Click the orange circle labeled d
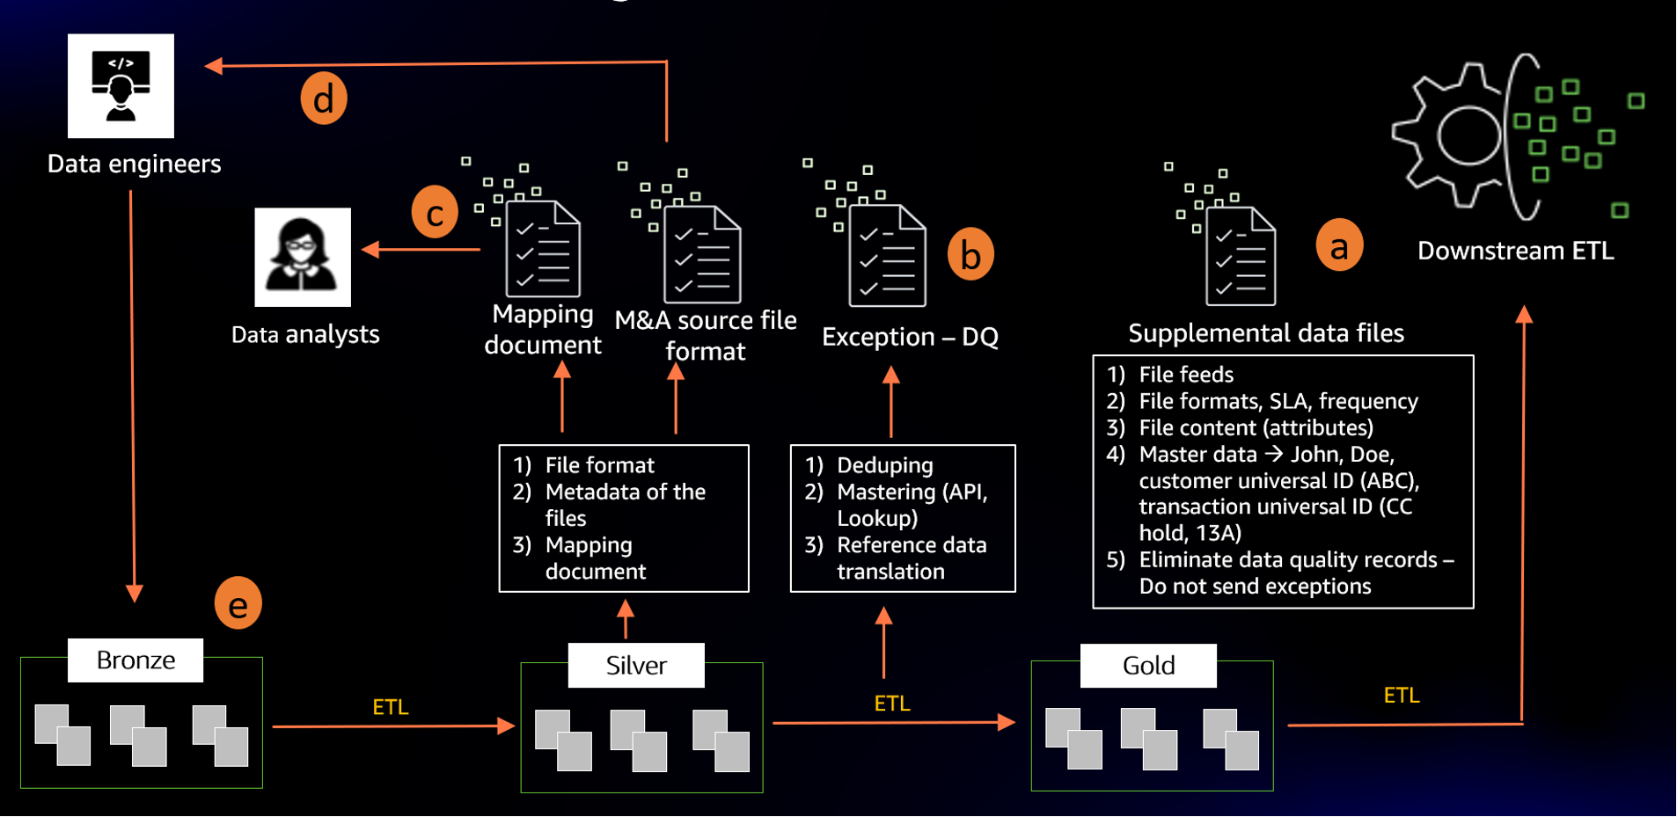click(x=323, y=98)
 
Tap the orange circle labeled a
click(x=1338, y=245)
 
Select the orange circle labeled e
click(x=238, y=603)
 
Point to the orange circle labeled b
click(x=970, y=254)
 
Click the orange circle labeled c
click(x=435, y=212)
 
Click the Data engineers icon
click(x=121, y=86)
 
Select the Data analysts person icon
click(x=302, y=257)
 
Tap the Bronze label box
click(x=135, y=660)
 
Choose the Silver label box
click(x=636, y=666)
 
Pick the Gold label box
click(x=1148, y=666)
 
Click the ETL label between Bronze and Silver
click(x=390, y=707)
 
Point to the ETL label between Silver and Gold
click(x=891, y=704)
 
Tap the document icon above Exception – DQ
click(x=887, y=255)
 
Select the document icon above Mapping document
click(x=543, y=250)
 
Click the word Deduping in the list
click(x=884, y=465)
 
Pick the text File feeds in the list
click(x=1185, y=375)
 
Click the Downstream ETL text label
click(x=1515, y=251)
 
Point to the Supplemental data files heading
click(x=1265, y=333)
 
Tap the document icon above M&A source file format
click(x=701, y=254)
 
